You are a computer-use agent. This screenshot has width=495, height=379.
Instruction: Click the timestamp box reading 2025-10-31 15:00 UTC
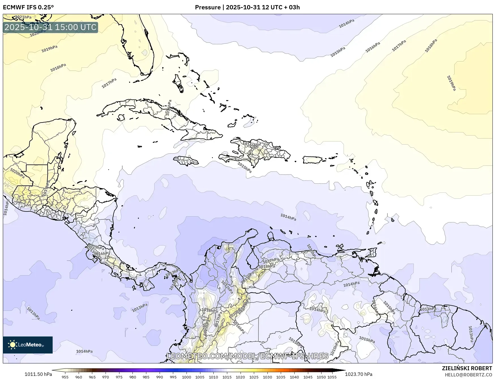tap(51, 27)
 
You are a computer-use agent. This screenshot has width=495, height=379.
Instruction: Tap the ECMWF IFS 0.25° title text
tap(28, 7)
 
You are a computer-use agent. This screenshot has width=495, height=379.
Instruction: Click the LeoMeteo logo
tap(28, 345)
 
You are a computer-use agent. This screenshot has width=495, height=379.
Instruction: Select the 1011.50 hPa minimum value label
tap(38, 374)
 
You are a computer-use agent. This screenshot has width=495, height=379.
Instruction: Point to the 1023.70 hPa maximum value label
tap(359, 374)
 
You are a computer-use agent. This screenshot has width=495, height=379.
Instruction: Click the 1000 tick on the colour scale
tap(186, 377)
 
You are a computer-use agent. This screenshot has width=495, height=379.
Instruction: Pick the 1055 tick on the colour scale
tap(332, 377)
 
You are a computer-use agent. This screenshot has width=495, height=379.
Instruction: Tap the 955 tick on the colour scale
tap(65, 377)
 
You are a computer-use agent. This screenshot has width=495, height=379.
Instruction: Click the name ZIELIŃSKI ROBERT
tap(467, 368)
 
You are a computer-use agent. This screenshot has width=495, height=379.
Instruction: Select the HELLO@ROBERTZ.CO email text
tap(468, 374)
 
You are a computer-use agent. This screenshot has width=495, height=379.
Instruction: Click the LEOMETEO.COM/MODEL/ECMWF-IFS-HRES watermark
tap(248, 356)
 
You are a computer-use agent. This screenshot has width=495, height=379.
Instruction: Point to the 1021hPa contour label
tap(23, 17)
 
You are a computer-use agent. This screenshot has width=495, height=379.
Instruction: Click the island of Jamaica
tap(186, 161)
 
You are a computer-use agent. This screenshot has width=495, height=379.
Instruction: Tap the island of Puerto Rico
tap(312, 160)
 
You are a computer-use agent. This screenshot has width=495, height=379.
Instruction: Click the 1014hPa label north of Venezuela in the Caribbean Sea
tap(288, 217)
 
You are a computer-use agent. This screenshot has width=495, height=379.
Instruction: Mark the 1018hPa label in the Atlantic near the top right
tap(431, 46)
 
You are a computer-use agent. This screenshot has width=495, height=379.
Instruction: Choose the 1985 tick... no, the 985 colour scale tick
tap(146, 377)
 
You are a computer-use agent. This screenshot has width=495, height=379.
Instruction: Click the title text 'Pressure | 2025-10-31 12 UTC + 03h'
tap(247, 7)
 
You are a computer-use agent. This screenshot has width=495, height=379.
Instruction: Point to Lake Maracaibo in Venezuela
tap(251, 259)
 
